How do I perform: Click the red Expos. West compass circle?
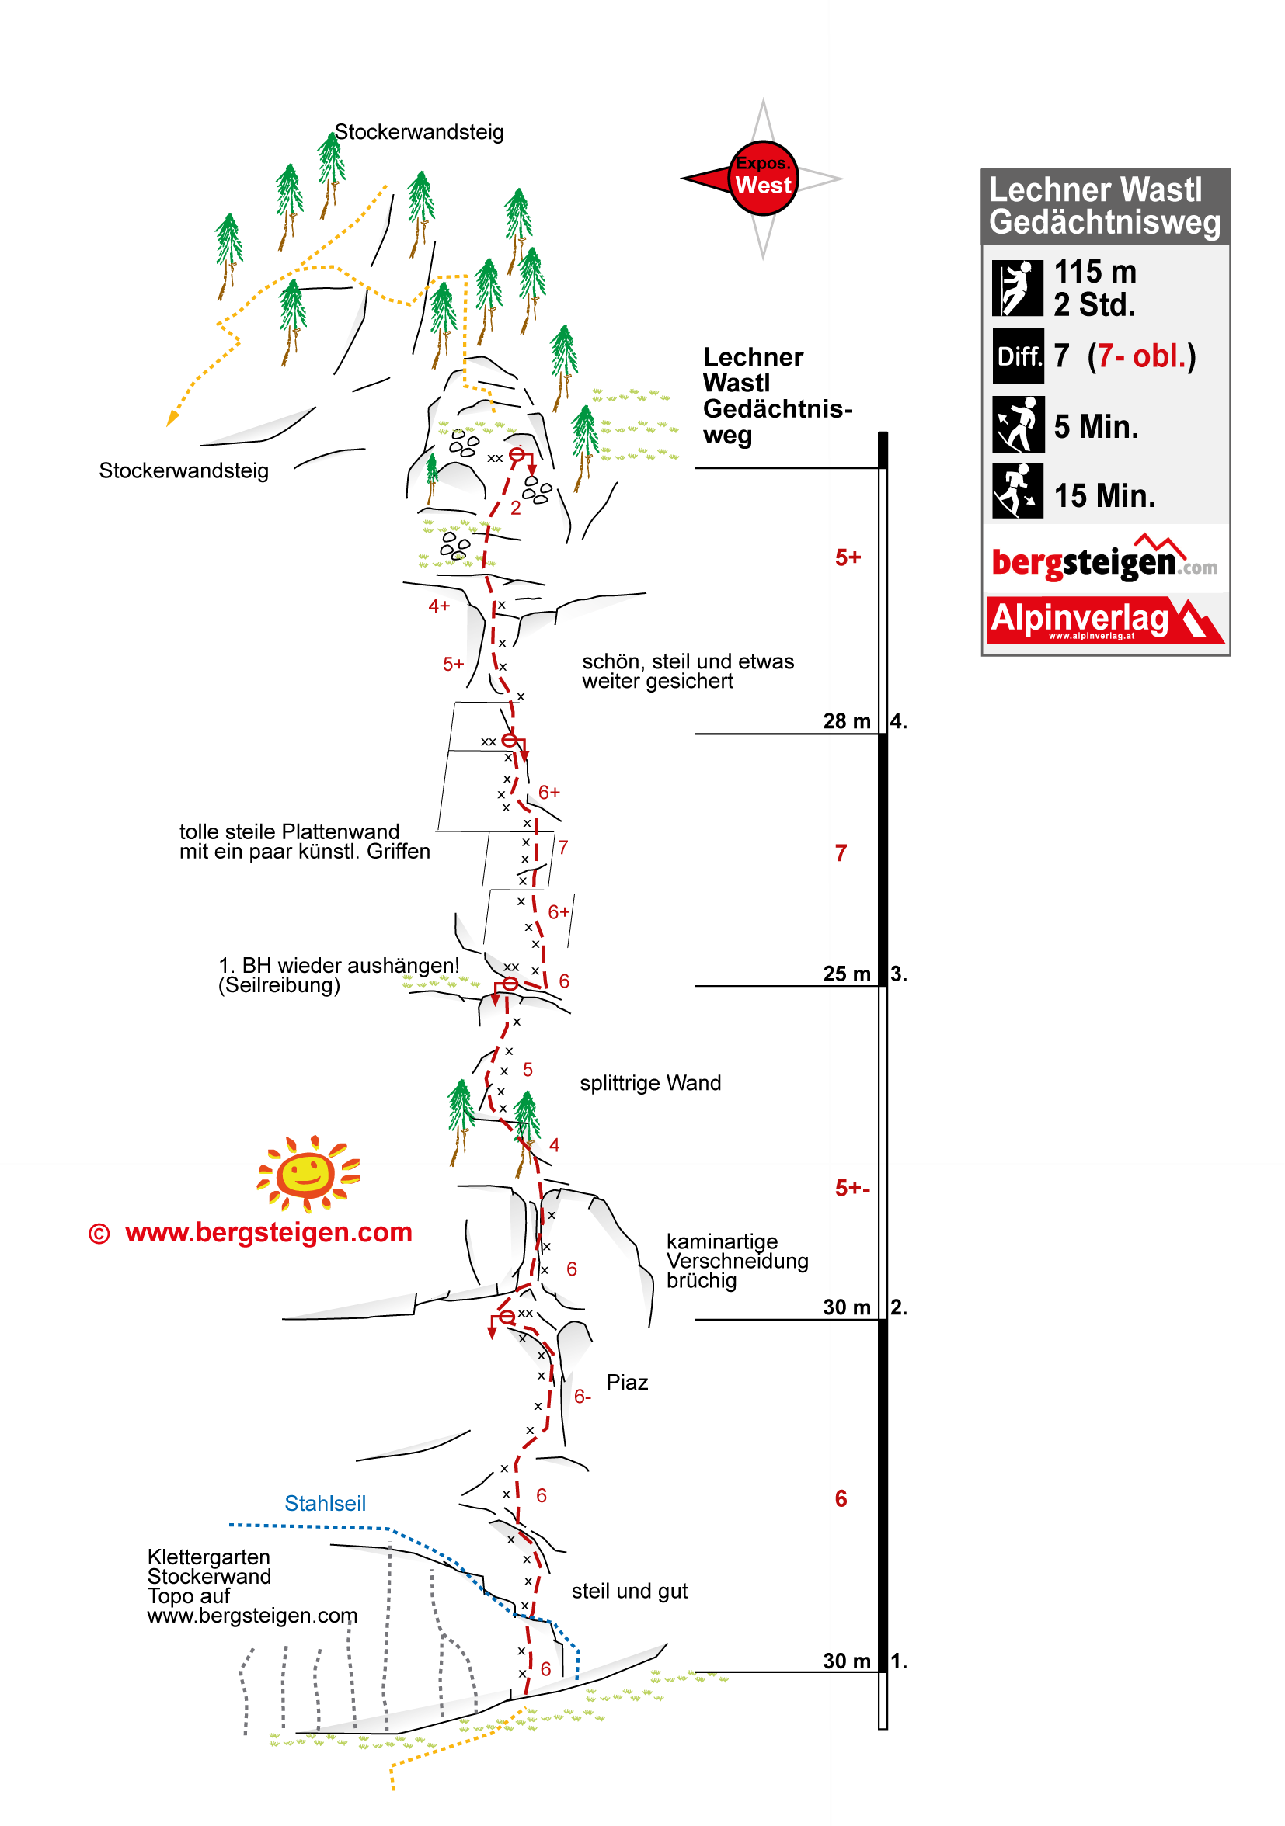coord(761,178)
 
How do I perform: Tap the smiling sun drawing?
coord(308,1172)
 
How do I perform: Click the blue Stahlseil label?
coord(325,1503)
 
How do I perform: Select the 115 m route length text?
coord(1094,272)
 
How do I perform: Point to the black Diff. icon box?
coord(1018,356)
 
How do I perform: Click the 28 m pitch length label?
coord(846,721)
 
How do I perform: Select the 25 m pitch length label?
coord(846,974)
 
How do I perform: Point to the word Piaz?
coord(626,1382)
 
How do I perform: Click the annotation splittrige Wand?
coord(649,1083)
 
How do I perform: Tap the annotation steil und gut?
coord(629,1591)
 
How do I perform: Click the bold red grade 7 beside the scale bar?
coord(841,852)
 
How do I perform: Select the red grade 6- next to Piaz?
coord(582,1397)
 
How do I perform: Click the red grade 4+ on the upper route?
coord(438,606)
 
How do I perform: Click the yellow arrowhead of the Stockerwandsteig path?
coord(171,418)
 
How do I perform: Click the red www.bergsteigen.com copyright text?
coord(268,1232)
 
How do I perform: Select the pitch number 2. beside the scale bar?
coord(898,1307)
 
